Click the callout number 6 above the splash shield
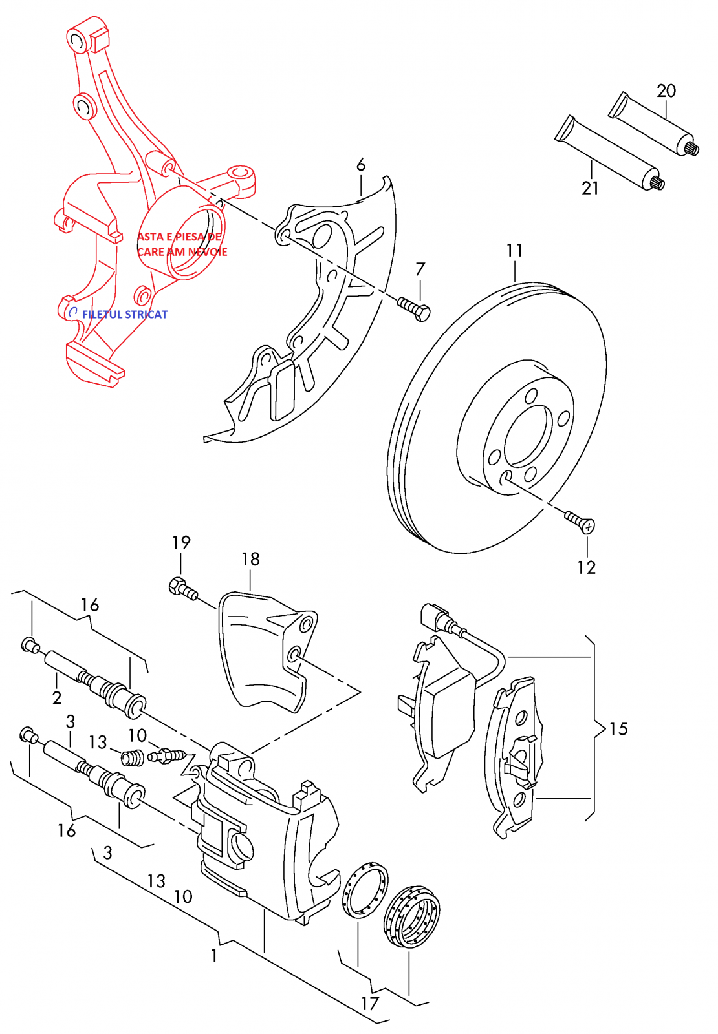pyautogui.click(x=361, y=165)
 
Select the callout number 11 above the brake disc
pyautogui.click(x=514, y=250)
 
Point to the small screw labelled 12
pyautogui.click(x=579, y=521)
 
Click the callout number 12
pyautogui.click(x=586, y=567)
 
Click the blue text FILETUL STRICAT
pyautogui.click(x=125, y=315)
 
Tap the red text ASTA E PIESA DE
pyautogui.click(x=179, y=237)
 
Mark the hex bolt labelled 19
pyautogui.click(x=182, y=588)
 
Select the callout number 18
pyautogui.click(x=250, y=559)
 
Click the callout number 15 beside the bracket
pyautogui.click(x=618, y=729)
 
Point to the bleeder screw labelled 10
pyautogui.click(x=167, y=755)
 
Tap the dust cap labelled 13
pyautogui.click(x=133, y=757)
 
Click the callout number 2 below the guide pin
pyautogui.click(x=57, y=698)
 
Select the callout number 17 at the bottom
pyautogui.click(x=369, y=1004)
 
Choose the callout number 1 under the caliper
pyautogui.click(x=214, y=955)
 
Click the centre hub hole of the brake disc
pyautogui.click(x=528, y=436)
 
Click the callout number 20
pyautogui.click(x=666, y=90)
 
